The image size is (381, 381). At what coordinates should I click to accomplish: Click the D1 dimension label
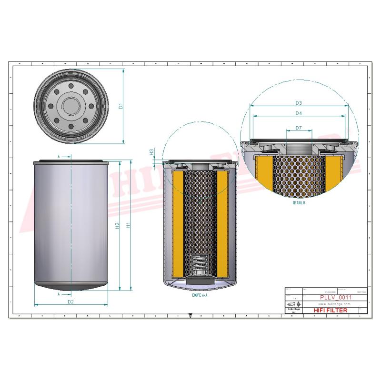[121, 106]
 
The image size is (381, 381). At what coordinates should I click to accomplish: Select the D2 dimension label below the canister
[70, 301]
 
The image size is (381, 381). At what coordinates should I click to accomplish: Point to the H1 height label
[128, 225]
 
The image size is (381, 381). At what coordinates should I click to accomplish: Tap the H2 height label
[117, 225]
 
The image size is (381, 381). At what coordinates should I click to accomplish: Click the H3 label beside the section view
[151, 152]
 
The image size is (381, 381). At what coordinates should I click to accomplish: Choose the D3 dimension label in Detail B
[299, 103]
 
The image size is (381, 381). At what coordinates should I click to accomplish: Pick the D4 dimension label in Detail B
[299, 113]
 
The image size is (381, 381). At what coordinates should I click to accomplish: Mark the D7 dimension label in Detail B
[299, 128]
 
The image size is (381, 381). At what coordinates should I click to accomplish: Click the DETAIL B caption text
[299, 202]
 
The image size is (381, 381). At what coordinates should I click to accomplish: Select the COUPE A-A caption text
[200, 295]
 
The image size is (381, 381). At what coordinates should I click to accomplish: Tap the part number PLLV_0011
[336, 297]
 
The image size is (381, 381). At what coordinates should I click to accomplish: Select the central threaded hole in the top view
[70, 106]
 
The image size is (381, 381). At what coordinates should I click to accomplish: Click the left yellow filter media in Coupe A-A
[177, 224]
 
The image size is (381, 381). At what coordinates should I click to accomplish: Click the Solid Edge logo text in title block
[294, 310]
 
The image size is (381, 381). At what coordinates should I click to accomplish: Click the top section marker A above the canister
[59, 156]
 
